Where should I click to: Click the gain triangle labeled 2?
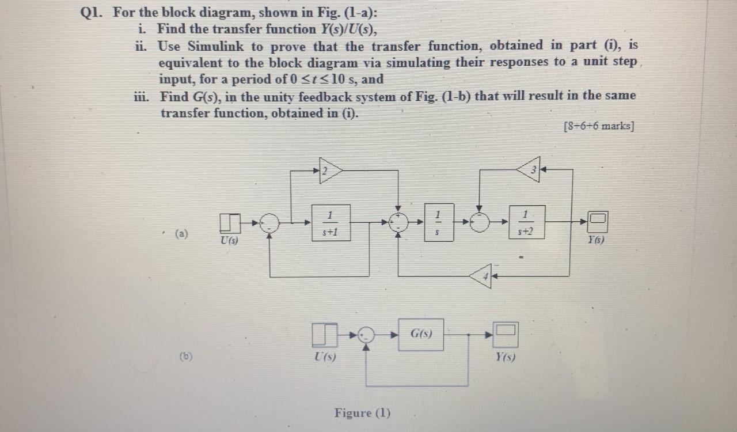330,170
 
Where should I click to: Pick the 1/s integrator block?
439,222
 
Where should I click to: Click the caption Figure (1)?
362,413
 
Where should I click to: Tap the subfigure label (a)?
181,234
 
